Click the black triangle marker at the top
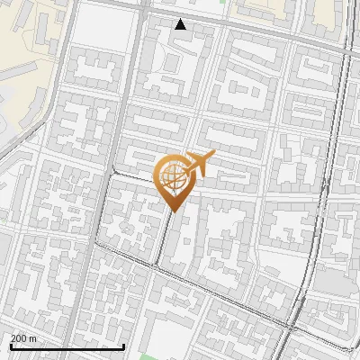coord(181,24)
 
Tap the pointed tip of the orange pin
coord(172,211)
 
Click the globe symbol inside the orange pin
coord(172,177)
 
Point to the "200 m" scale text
coord(23,338)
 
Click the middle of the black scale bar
coord(67,346)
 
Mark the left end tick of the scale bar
coord(10,346)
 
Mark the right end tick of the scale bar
coord(123,346)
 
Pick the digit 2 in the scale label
coord(13,338)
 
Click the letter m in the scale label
coord(33,339)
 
